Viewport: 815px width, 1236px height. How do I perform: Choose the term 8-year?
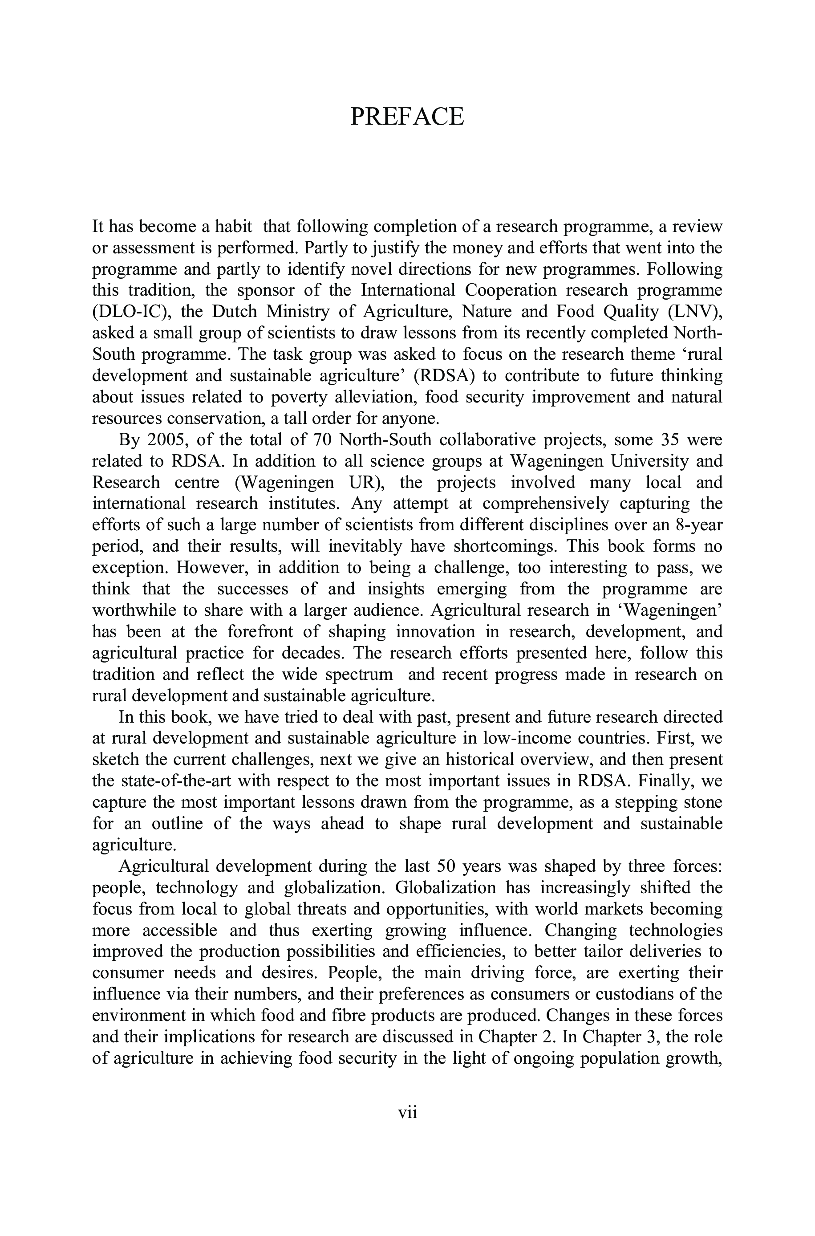pos(698,525)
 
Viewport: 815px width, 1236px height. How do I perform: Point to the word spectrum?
pos(359,674)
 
